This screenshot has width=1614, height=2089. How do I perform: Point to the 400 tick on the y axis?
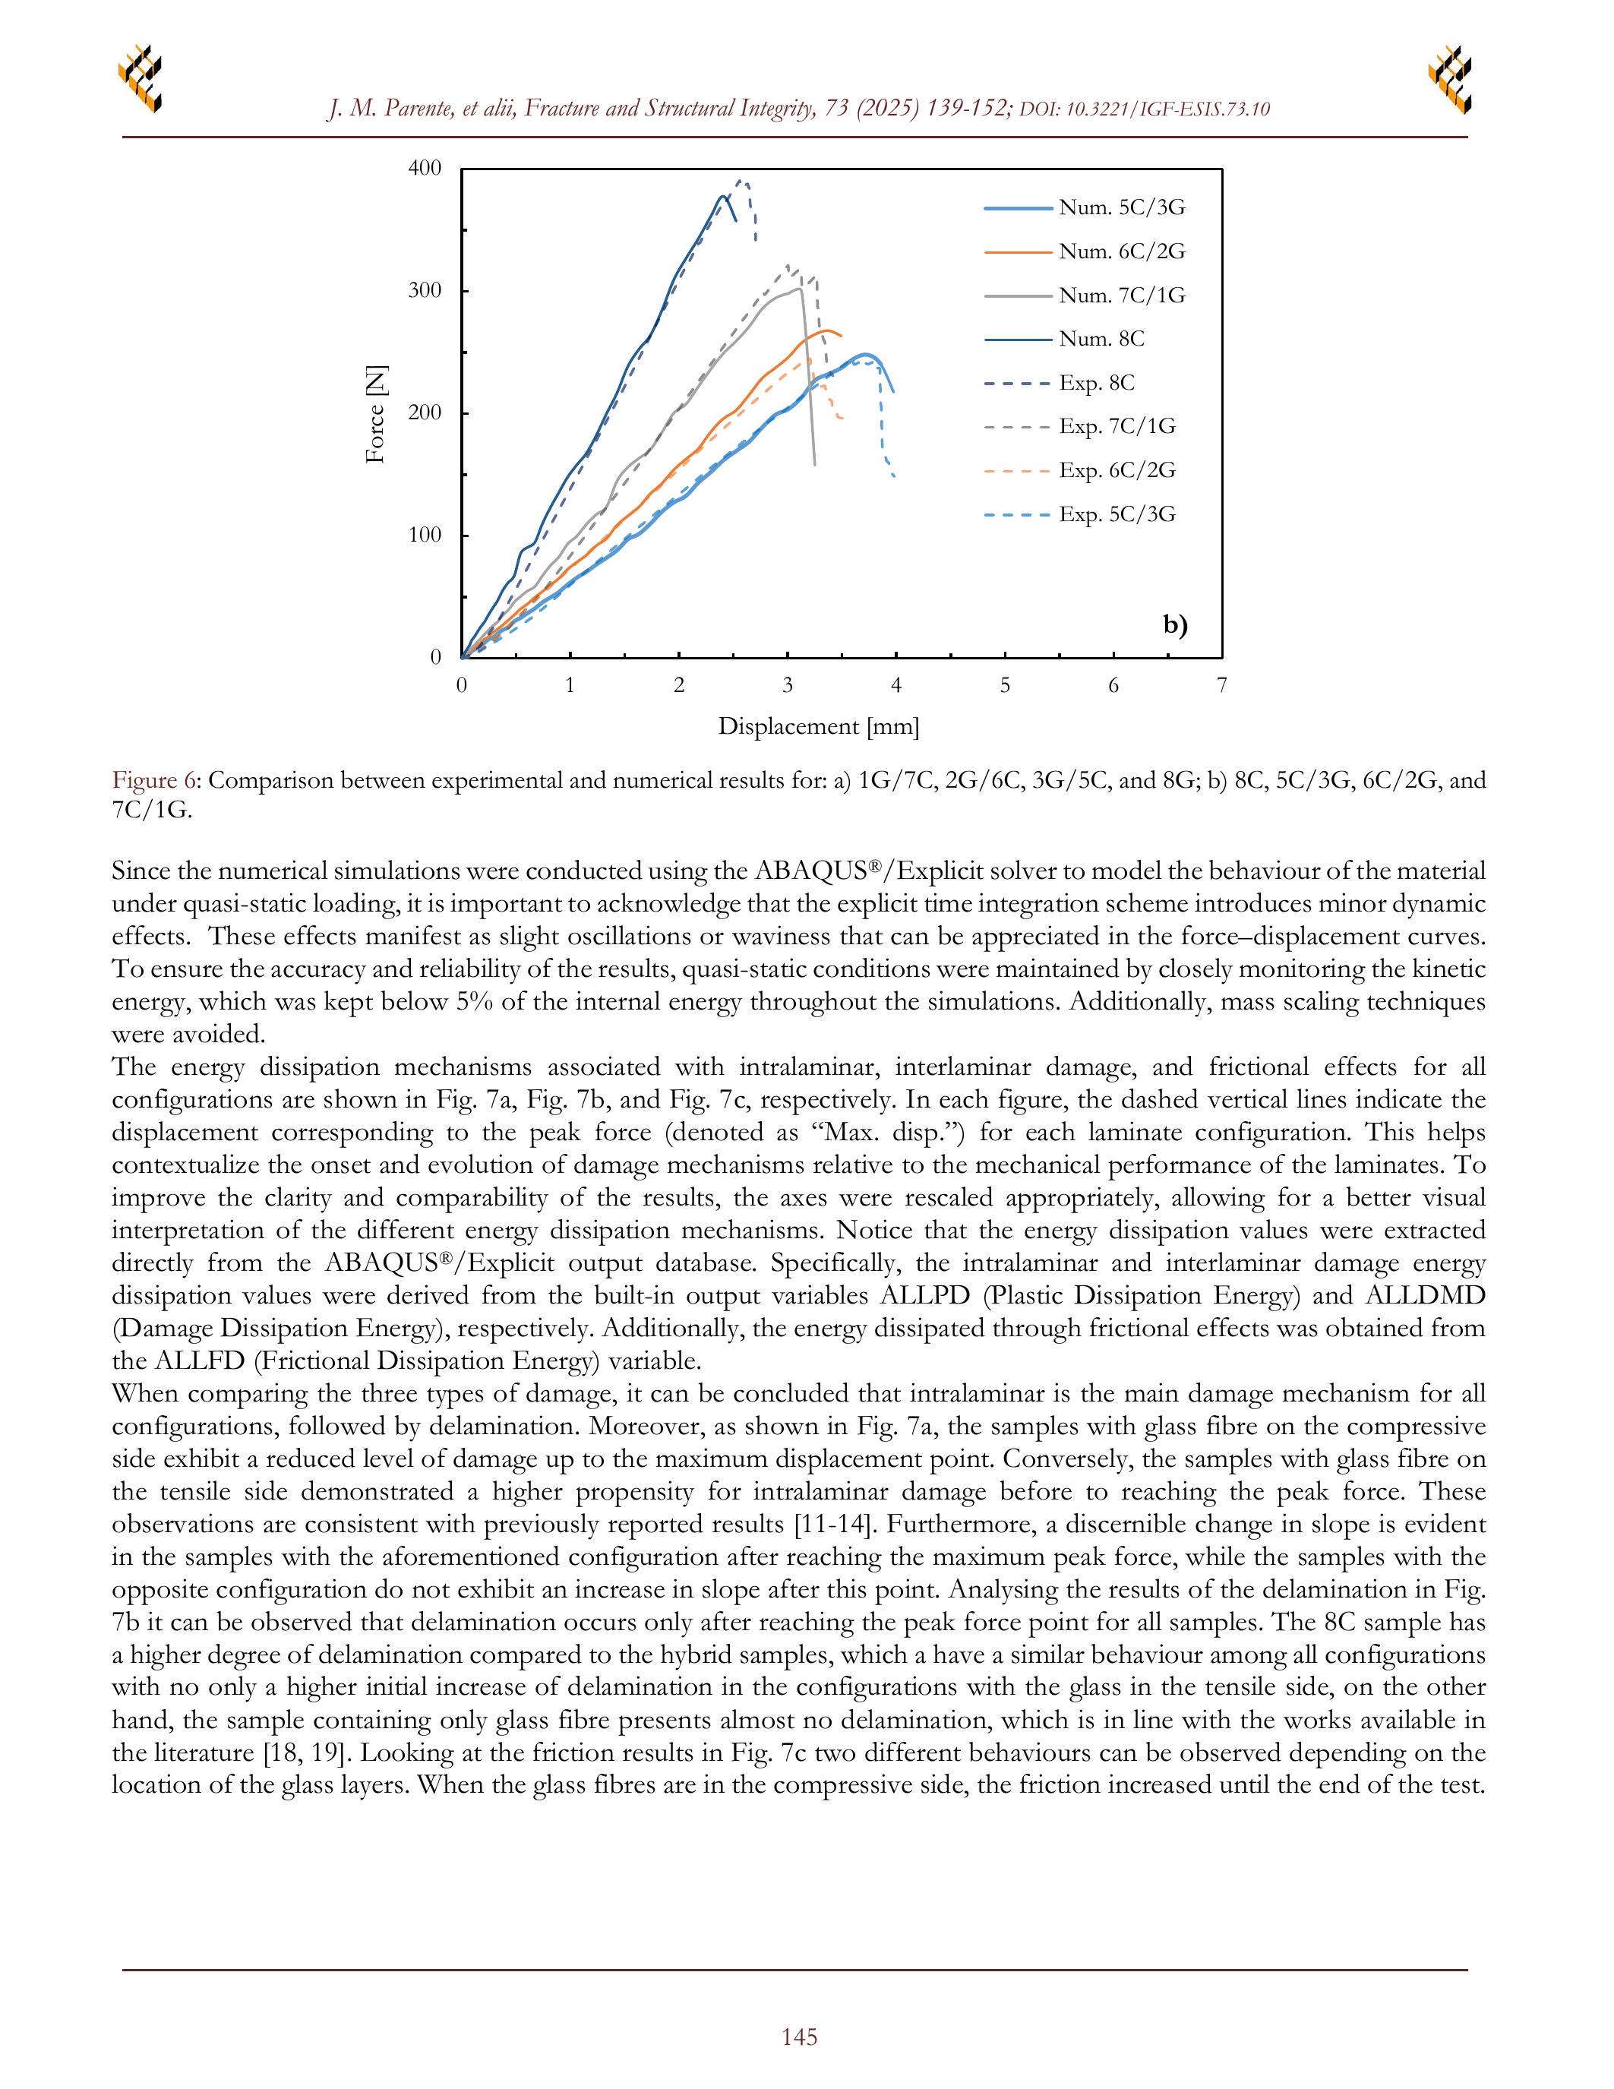point(425,169)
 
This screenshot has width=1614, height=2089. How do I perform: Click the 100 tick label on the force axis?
point(425,536)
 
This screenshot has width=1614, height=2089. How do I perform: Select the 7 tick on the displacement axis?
point(1222,685)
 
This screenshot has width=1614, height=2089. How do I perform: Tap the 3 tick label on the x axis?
point(788,685)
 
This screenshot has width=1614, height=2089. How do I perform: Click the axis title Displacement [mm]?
point(819,727)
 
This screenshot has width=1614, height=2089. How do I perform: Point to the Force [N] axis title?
point(376,413)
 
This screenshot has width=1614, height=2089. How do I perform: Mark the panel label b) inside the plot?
point(1175,625)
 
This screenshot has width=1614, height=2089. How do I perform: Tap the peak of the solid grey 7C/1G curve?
point(798,288)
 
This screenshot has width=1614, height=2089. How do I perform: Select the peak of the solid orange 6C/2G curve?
point(827,330)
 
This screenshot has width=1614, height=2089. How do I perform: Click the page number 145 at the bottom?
point(799,2037)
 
